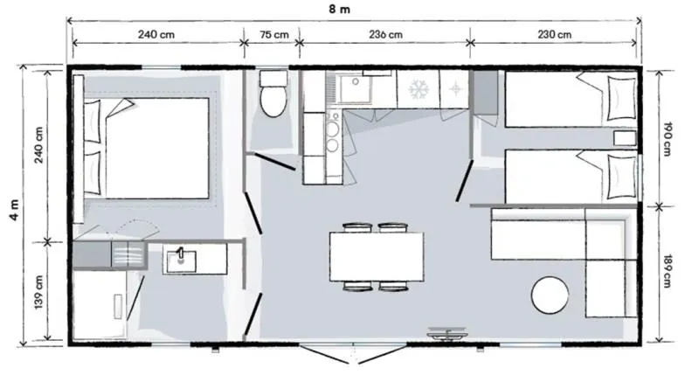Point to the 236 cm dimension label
(384, 35)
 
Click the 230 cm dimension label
(553, 35)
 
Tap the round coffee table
(551, 293)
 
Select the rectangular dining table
(377, 257)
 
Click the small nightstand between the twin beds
(623, 137)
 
